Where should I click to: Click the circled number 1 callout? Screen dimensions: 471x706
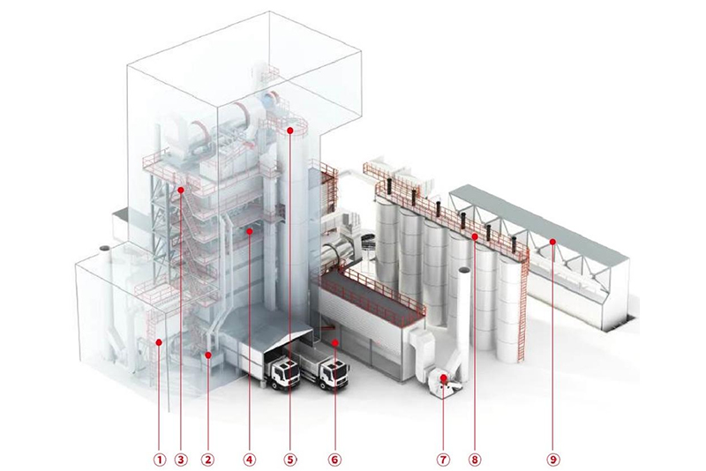tap(159, 459)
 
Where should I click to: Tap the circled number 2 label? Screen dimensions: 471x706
tap(208, 459)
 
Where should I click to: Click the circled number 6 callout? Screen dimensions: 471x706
tap(334, 459)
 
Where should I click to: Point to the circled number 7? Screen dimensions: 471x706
tap(443, 459)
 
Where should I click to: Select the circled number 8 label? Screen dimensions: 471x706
tap(475, 459)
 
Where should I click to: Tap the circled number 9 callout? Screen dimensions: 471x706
tap(552, 459)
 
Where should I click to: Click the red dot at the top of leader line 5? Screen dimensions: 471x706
tap(289, 131)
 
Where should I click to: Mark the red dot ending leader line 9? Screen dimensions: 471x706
tap(552, 240)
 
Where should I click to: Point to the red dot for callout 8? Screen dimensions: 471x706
tap(475, 236)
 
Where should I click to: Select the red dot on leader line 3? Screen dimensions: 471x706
tap(180, 189)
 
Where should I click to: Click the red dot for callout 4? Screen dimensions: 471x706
tap(250, 231)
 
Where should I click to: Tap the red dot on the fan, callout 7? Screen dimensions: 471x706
tap(443, 378)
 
